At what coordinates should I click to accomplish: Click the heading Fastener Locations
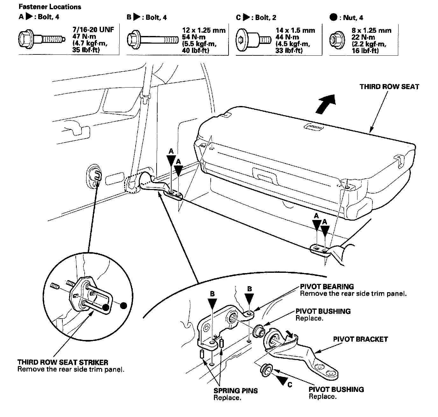point(50,7)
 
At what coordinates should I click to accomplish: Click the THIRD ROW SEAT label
point(389,87)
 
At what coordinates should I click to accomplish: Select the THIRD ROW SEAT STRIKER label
point(63,362)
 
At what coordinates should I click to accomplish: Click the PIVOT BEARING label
point(327,286)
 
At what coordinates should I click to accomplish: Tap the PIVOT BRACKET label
point(360,339)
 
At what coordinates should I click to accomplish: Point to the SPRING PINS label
point(236,391)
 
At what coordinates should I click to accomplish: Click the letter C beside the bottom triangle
point(289,385)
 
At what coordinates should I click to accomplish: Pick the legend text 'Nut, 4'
point(353,18)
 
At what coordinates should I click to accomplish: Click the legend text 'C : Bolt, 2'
point(256,18)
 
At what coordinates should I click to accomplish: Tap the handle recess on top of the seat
point(314,127)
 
